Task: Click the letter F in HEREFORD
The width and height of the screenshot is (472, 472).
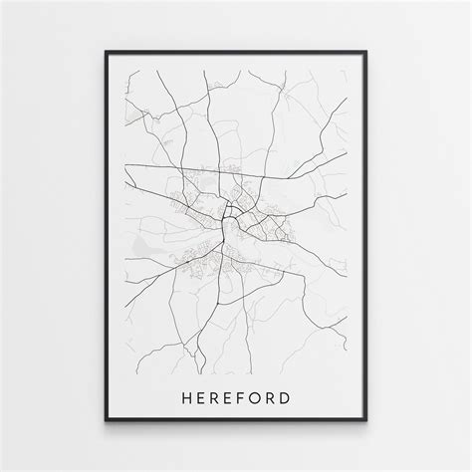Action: click(x=243, y=371)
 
